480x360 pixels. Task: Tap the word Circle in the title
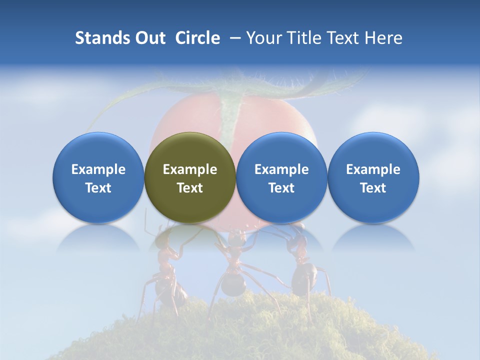[197, 38]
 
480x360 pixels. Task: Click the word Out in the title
[149, 38]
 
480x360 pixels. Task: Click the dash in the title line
[233, 38]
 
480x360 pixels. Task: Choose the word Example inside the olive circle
[190, 169]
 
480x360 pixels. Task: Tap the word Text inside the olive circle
[190, 188]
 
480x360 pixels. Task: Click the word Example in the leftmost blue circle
[98, 169]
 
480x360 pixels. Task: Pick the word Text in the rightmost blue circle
[373, 188]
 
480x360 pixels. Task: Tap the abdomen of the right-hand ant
[304, 278]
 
